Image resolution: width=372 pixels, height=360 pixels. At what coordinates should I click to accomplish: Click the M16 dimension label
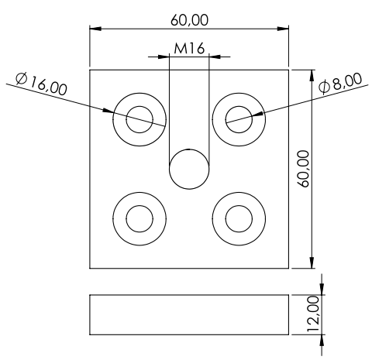point(189,48)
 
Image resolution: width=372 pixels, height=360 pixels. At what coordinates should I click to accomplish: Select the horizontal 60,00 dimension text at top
point(189,20)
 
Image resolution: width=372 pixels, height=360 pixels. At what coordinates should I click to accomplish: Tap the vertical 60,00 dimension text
point(303,169)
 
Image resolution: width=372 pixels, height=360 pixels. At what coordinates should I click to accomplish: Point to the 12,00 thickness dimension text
point(313,314)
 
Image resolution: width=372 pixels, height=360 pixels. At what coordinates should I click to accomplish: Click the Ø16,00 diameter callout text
point(41,84)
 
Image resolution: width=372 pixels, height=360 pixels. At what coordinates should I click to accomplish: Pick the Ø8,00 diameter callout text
point(340,83)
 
